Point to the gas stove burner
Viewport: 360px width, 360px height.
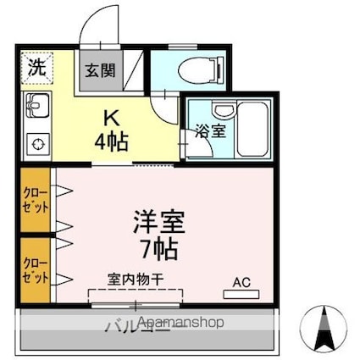[36, 145]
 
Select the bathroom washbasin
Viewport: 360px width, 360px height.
[224, 112]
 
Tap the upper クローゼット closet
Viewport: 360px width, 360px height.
[36, 201]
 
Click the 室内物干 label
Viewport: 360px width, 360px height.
[136, 279]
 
